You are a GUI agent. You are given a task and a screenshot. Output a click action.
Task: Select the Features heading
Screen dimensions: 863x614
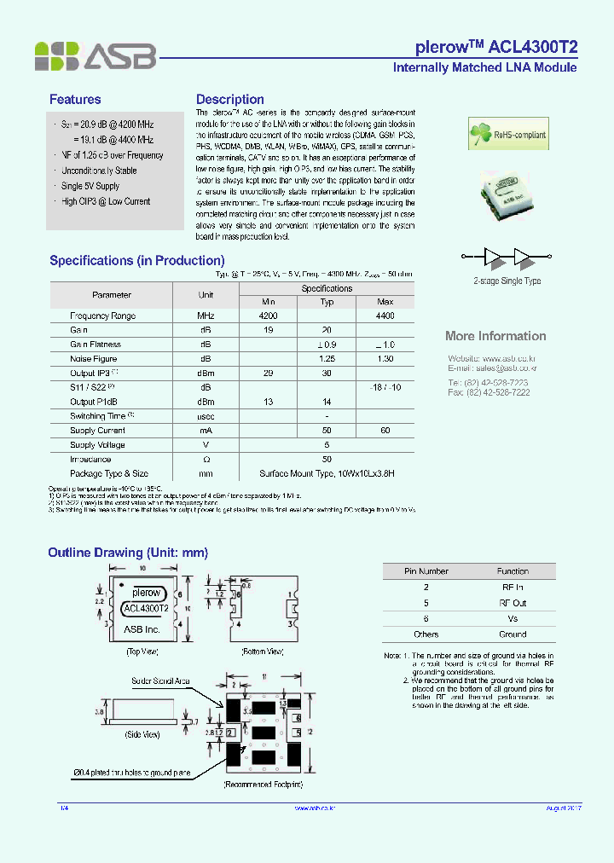[x=75, y=100]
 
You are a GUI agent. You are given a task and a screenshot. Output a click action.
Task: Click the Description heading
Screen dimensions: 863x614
[x=229, y=100]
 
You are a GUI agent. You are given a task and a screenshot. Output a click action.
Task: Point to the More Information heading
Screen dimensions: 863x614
[x=495, y=336]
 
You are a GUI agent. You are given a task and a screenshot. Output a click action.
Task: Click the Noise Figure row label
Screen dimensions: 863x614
[x=94, y=359]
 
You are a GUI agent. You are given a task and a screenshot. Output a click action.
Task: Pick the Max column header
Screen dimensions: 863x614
[x=385, y=302]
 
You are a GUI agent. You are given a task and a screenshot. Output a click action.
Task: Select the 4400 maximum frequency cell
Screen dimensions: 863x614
[x=385, y=316]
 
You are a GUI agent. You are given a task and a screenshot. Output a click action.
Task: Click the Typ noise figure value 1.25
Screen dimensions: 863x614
[x=327, y=359]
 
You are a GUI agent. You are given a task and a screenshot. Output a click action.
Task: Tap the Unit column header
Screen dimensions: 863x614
[x=206, y=295]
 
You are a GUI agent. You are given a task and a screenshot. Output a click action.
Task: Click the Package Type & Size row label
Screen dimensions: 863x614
[x=109, y=473]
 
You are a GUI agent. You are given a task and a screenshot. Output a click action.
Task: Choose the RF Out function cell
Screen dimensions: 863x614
[x=513, y=603]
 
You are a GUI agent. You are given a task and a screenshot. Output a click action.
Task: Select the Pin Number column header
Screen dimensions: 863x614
[x=426, y=571]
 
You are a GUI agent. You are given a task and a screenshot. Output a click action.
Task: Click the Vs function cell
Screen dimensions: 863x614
[x=513, y=618]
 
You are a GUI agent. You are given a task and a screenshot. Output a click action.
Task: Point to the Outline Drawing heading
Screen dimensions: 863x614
[x=128, y=553]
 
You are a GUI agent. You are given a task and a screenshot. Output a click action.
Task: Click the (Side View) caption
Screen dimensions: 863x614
[x=142, y=734]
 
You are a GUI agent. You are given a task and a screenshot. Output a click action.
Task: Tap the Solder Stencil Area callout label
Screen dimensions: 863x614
[x=160, y=681]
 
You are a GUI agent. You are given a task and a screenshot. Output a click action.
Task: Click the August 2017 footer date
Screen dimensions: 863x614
[x=563, y=808]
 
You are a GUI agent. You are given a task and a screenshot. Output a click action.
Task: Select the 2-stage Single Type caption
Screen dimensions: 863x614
[x=507, y=281]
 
